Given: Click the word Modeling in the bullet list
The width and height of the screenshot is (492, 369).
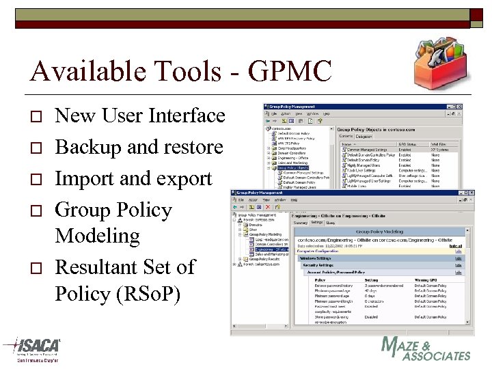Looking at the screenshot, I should pyautogui.click(x=97, y=236).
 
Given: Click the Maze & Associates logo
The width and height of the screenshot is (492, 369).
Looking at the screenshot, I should pyautogui.click(x=425, y=348).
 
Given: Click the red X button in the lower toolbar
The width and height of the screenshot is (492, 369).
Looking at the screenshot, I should pyautogui.click(x=269, y=208).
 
